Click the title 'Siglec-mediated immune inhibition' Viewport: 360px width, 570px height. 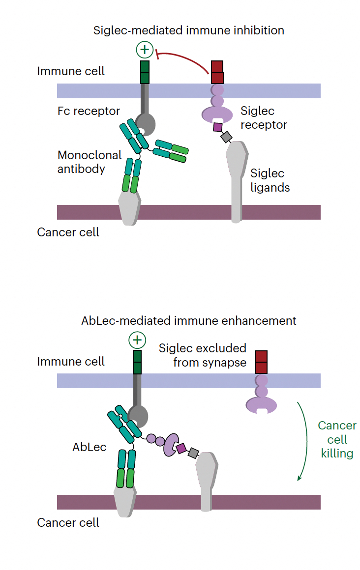189,30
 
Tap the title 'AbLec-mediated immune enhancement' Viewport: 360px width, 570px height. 189,321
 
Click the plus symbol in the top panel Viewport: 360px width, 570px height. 144,50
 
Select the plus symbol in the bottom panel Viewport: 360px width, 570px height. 137,340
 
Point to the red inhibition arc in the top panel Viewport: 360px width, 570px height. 187,58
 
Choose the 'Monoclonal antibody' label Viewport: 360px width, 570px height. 90,162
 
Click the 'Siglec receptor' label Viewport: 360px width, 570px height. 264,118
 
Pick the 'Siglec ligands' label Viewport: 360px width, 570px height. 270,180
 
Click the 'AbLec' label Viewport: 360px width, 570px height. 90,447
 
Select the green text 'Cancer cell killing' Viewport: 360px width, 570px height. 337,439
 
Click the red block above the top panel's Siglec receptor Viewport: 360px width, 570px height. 217,72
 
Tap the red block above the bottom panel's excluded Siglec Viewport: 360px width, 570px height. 261,363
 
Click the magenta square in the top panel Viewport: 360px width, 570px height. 217,127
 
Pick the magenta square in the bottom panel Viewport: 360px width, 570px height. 181,448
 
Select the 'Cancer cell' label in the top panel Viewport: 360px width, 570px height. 68,232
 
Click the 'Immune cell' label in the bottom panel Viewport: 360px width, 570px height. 71,362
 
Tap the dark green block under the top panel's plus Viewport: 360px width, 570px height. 145,72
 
